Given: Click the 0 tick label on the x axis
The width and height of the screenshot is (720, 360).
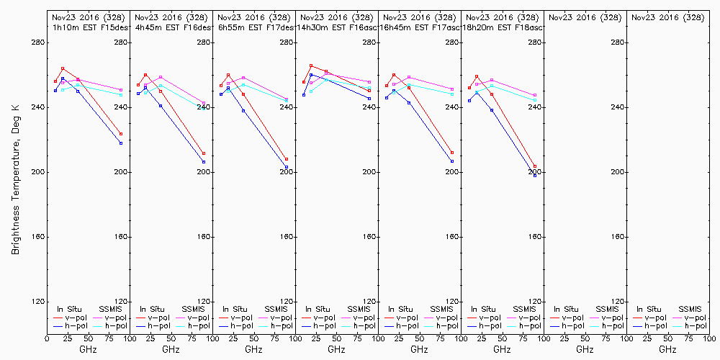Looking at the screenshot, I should tap(47, 336).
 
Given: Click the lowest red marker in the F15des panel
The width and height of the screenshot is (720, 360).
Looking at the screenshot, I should tap(121, 134).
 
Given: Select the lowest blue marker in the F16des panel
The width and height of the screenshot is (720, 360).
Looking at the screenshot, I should tap(204, 162).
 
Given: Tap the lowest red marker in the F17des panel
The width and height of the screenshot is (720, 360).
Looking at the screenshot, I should tap(287, 159).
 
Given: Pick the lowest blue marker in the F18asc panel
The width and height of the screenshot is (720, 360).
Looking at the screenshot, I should tap(535, 175).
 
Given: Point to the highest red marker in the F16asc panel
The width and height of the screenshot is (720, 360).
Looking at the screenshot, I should tap(311, 66).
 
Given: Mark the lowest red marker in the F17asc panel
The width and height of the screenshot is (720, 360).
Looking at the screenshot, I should tap(452, 153).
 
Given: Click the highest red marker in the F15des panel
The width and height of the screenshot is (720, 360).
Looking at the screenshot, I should tap(63, 68).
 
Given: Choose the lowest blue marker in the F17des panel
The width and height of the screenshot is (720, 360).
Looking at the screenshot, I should tap(287, 168).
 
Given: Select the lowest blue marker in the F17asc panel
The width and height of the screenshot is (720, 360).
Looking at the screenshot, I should tap(452, 161).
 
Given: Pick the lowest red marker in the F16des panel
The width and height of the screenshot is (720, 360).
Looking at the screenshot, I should tap(204, 153).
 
